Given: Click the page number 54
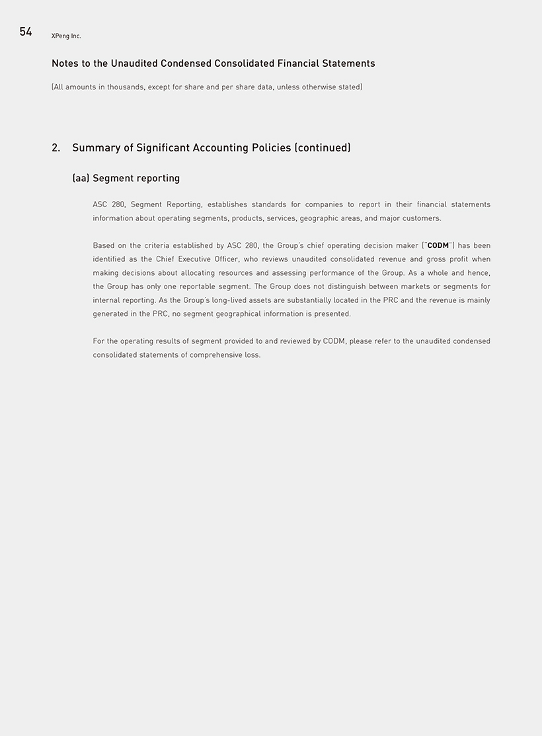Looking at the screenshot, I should click(x=26, y=32).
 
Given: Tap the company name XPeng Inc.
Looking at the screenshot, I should click(x=66, y=36).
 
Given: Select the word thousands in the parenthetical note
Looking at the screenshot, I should click(x=125, y=87).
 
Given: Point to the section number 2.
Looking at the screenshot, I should click(x=56, y=148).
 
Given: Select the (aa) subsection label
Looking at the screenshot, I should click(x=81, y=179).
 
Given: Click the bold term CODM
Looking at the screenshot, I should click(x=438, y=245).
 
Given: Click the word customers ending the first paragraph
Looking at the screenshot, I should click(x=422, y=218).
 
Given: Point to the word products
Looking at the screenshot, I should click(x=247, y=218).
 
